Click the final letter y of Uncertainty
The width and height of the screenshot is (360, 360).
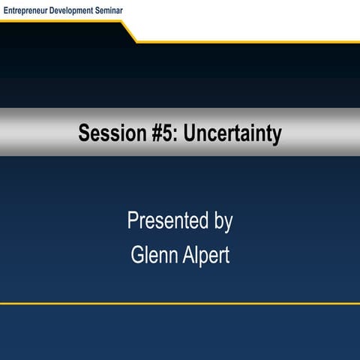(277, 136)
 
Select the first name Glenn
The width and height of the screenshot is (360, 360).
(153, 254)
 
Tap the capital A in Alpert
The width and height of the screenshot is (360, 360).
(189, 254)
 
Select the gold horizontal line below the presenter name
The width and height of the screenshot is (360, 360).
(180, 304)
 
